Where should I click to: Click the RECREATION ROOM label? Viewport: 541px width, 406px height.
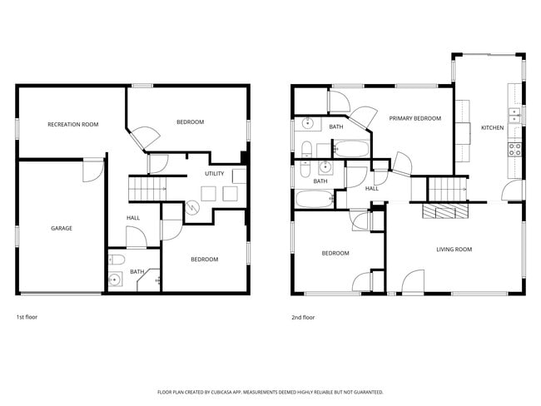tap(73, 124)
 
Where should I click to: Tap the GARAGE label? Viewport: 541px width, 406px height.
tap(61, 228)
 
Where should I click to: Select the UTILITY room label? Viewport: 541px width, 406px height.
tap(214, 173)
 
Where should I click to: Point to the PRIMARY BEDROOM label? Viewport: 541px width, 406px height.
tap(414, 118)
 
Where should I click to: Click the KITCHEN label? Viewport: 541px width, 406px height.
tap(492, 127)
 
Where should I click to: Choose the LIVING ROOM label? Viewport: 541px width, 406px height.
tap(454, 250)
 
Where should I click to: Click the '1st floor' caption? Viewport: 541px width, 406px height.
tap(27, 317)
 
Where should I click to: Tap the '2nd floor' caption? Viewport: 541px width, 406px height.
tap(303, 317)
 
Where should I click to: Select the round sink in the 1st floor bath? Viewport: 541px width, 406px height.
tap(114, 280)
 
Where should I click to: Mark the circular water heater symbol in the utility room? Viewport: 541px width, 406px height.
tap(191, 208)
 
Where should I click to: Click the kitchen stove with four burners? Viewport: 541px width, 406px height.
tap(515, 150)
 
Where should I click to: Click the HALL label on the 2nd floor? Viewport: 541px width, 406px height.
tap(372, 188)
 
